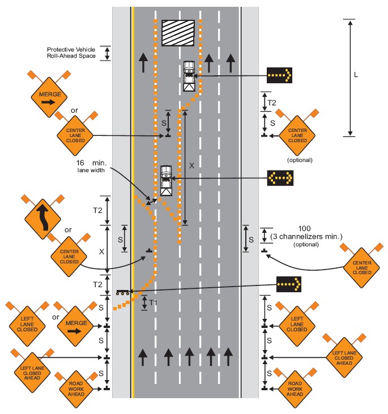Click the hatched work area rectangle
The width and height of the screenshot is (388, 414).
178,32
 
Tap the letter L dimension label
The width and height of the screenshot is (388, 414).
355,74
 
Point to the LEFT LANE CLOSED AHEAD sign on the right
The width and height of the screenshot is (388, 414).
343,357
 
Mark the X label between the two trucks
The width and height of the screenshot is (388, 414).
191,165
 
